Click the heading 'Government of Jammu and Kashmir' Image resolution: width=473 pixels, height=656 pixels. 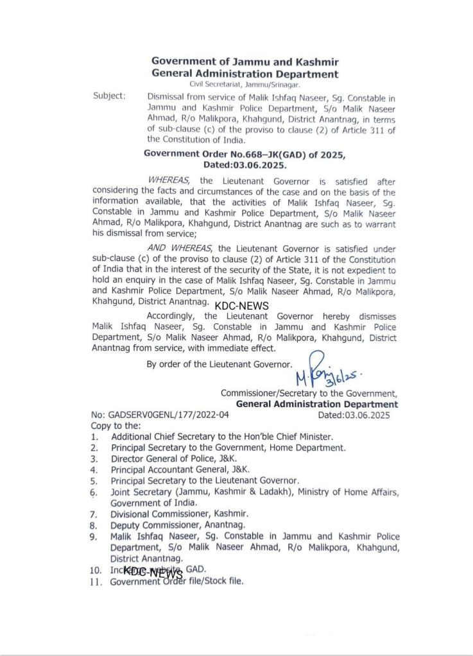[x=245, y=62]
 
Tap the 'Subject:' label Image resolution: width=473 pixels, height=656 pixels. [x=109, y=96]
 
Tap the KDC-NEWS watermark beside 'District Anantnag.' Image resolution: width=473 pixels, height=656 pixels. [x=241, y=306]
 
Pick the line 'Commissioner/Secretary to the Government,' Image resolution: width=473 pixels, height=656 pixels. [x=309, y=393]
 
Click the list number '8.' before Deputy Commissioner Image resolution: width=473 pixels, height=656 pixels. [x=94, y=525]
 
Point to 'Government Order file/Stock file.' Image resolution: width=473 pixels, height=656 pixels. [x=176, y=582]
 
